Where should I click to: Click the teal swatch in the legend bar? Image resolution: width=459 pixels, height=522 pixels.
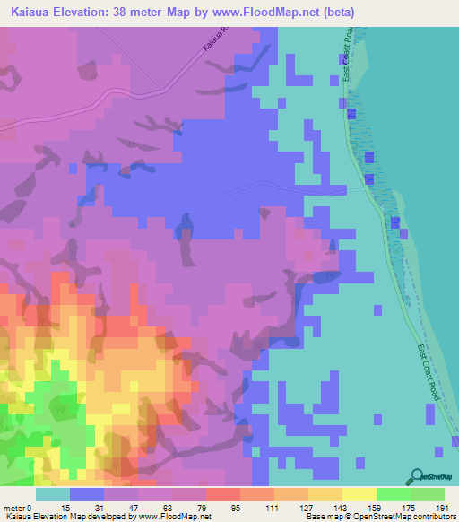[53, 494]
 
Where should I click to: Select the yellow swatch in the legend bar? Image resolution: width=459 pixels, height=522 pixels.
[359, 494]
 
